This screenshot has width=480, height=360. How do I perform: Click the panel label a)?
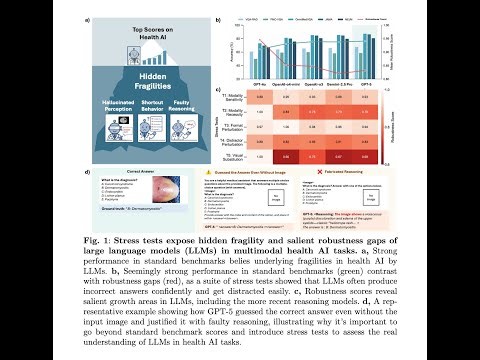87,20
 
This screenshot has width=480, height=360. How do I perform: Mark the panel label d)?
87,172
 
